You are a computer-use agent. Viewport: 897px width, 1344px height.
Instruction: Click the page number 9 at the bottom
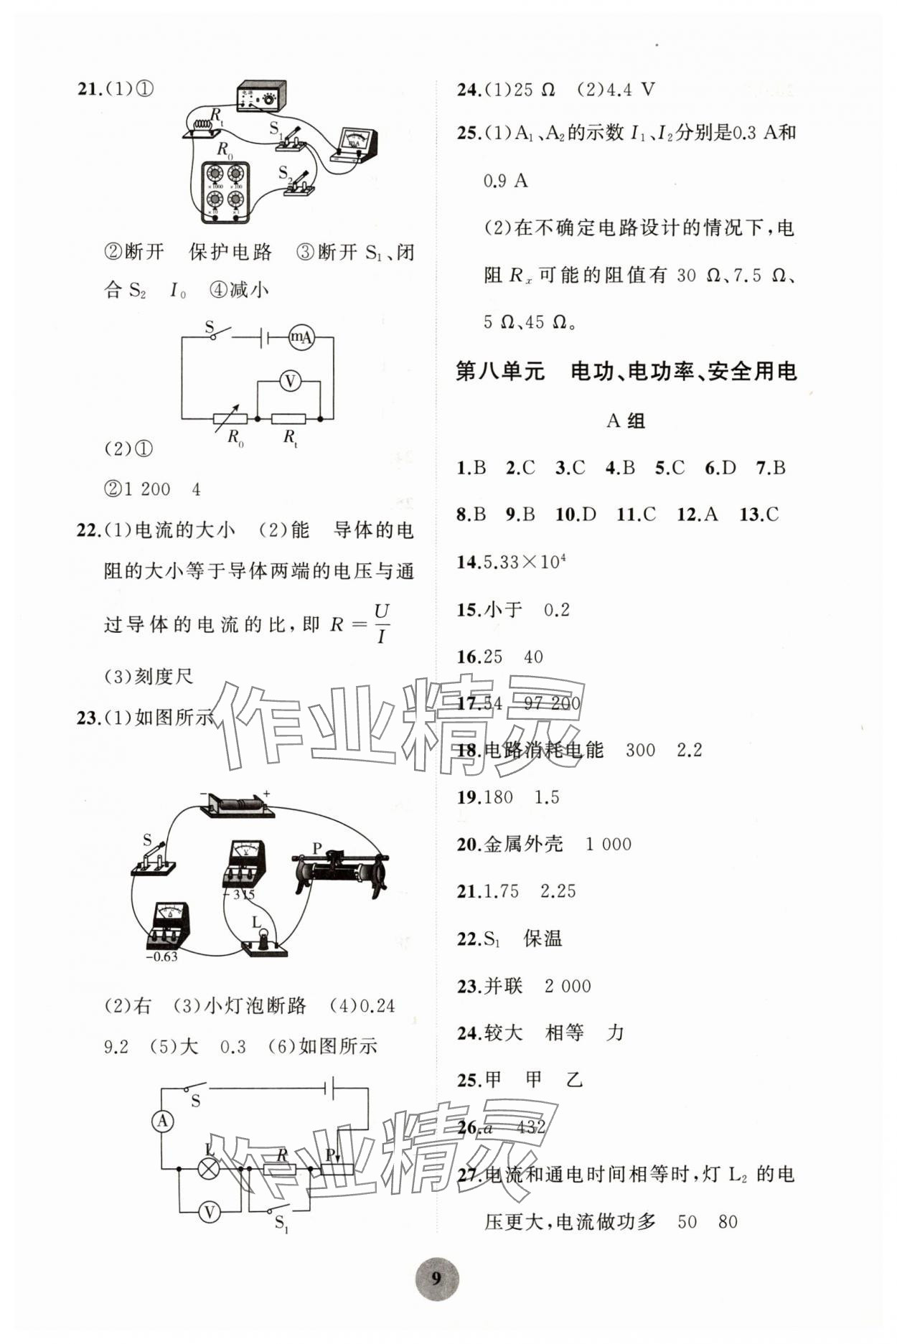coord(437,1277)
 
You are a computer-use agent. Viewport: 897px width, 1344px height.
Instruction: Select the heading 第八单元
coord(500,371)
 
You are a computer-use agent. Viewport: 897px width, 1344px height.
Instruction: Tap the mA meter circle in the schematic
coord(301,337)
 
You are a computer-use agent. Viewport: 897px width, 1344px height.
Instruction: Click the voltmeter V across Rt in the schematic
coord(290,381)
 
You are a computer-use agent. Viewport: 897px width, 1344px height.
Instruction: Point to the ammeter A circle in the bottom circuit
coord(163,1121)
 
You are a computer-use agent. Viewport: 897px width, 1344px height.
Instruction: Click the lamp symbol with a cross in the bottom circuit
coord(209,1169)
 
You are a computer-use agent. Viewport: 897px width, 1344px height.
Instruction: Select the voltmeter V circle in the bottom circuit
coord(209,1212)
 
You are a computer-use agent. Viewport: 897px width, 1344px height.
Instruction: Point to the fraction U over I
coord(381,624)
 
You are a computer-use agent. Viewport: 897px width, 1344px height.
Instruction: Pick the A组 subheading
coord(625,420)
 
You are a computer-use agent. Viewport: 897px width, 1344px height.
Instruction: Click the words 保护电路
coord(230,252)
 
